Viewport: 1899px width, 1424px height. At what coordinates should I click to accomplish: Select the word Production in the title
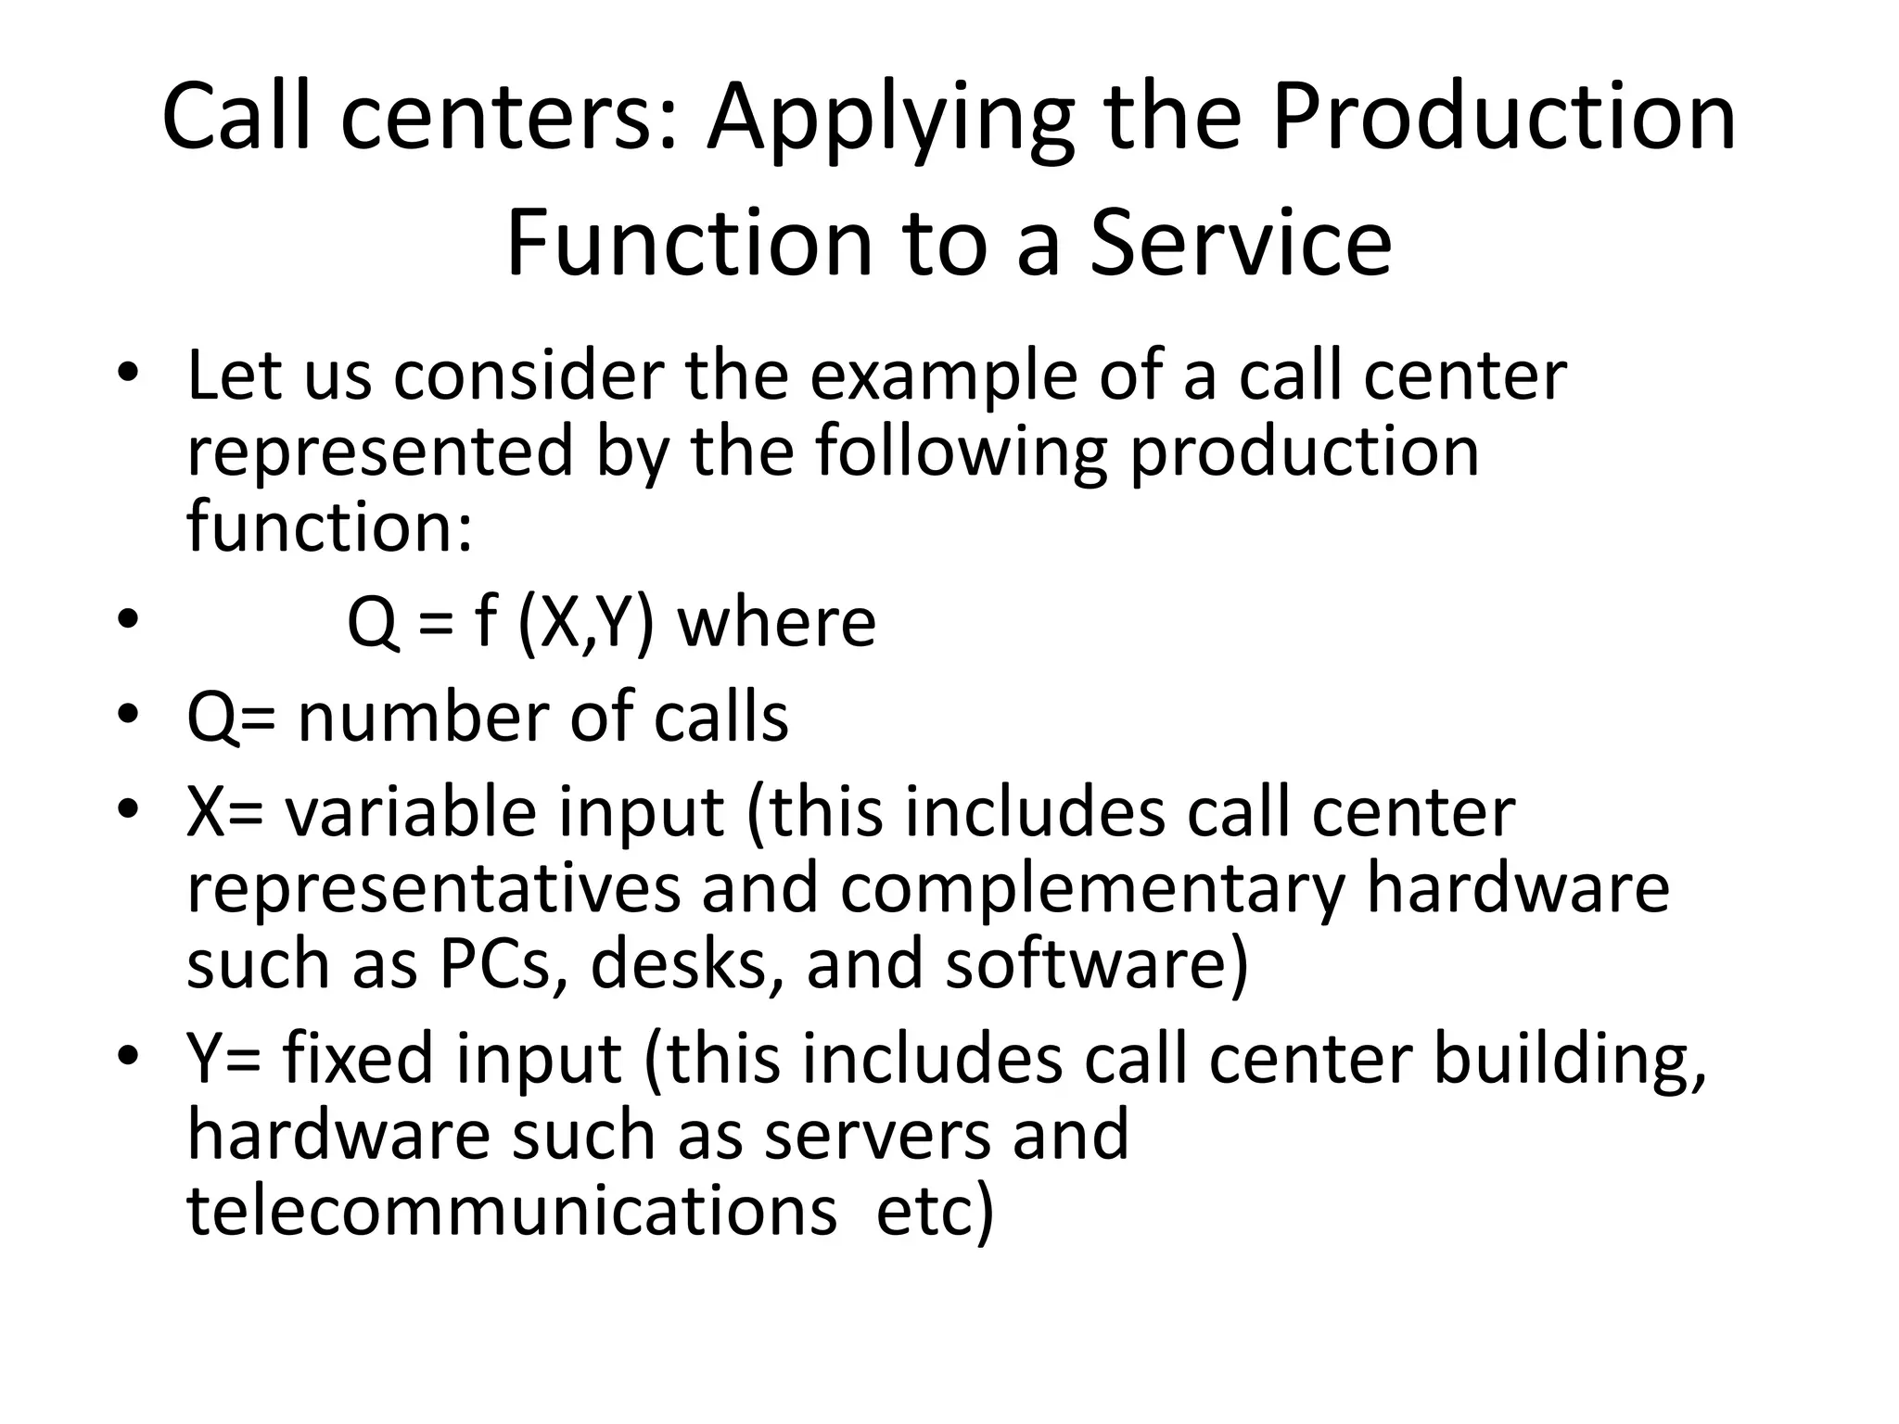click(1502, 118)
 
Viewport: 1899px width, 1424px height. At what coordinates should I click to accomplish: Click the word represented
click(380, 451)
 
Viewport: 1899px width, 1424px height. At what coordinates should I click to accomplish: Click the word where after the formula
click(776, 622)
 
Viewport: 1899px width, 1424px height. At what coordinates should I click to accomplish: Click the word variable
click(410, 813)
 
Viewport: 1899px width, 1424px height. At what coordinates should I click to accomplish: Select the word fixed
click(357, 1059)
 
